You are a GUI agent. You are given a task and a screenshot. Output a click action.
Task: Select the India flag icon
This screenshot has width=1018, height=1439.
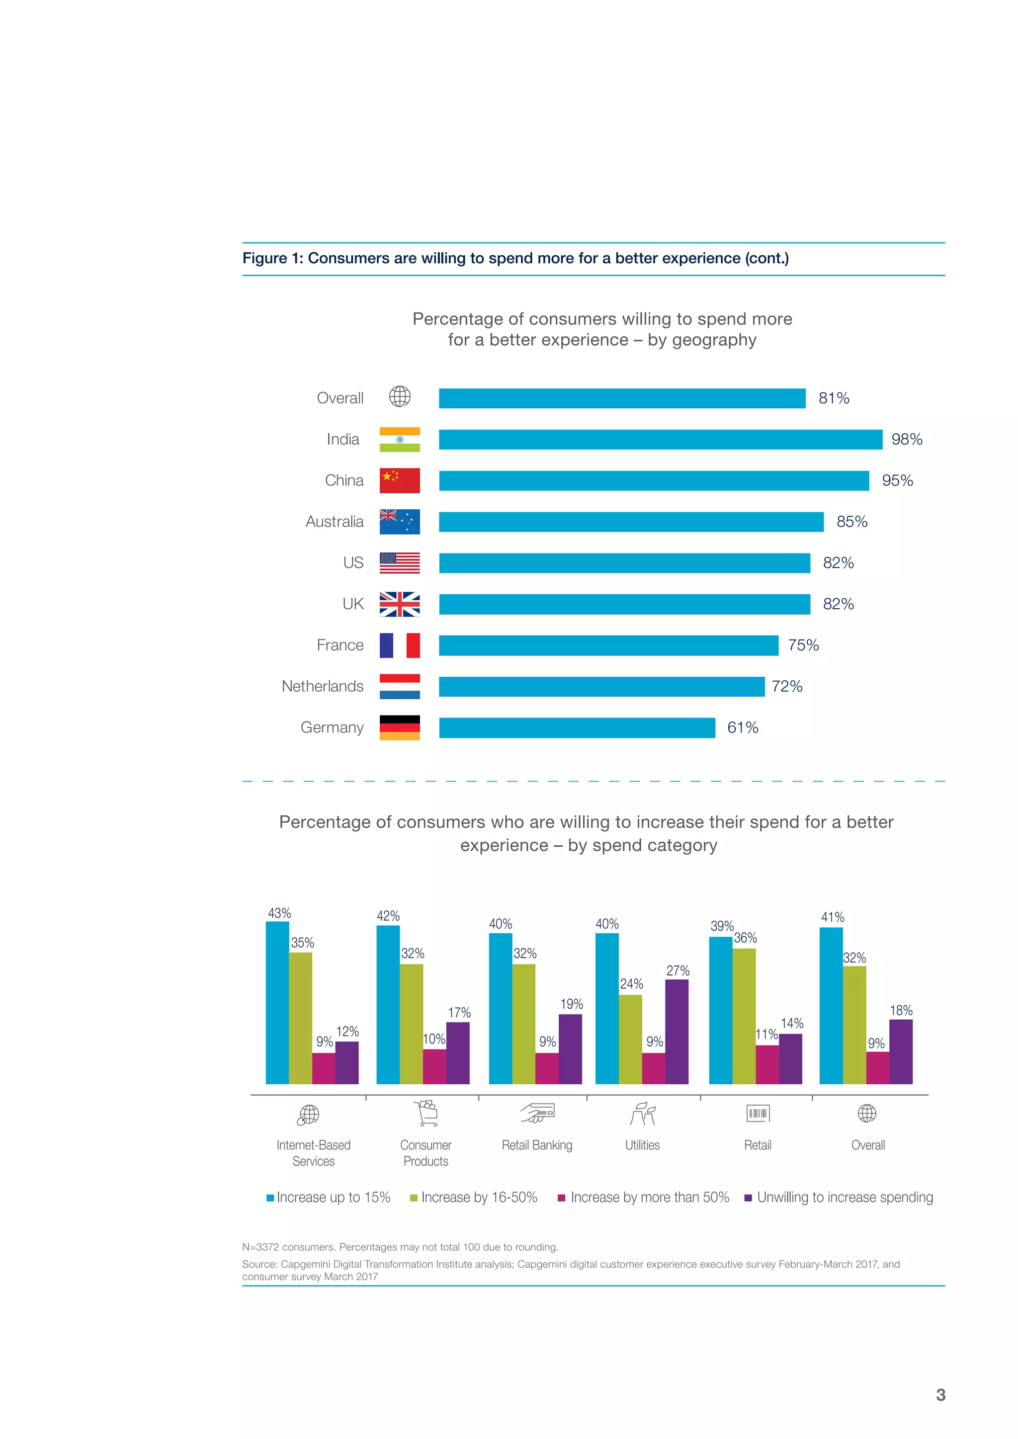click(x=399, y=439)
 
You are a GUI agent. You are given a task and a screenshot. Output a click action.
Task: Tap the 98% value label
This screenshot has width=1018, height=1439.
click(x=907, y=439)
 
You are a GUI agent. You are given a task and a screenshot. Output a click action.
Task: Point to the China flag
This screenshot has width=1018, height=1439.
click(x=399, y=480)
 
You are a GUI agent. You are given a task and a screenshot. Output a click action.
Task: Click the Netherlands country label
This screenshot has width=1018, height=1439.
click(x=322, y=686)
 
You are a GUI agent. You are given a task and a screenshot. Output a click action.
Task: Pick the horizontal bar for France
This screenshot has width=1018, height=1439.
click(x=608, y=645)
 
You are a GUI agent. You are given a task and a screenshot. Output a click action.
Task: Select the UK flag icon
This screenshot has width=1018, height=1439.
click(x=399, y=604)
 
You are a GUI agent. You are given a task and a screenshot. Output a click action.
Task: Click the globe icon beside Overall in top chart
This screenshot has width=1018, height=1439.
click(x=399, y=397)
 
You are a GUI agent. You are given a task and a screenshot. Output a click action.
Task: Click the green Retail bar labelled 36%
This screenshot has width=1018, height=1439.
click(x=744, y=1016)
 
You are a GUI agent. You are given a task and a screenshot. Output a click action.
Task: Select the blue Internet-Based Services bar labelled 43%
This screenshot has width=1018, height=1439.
click(x=277, y=1003)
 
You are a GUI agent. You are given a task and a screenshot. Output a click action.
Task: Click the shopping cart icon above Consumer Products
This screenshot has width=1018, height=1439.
click(x=426, y=1113)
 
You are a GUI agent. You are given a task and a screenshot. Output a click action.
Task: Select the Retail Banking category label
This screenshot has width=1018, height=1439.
click(x=536, y=1145)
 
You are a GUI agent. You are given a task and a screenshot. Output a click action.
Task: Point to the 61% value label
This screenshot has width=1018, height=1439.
click(x=742, y=727)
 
